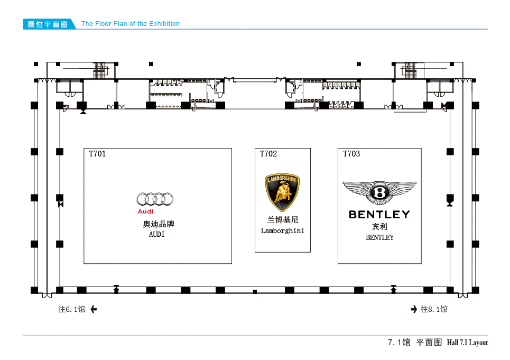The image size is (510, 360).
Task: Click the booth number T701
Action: click(x=97, y=154)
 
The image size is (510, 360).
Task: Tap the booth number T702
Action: click(x=268, y=154)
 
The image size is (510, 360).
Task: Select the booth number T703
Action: click(x=351, y=154)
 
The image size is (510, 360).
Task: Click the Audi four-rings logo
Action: click(x=155, y=199)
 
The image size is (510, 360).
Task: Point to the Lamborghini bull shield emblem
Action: click(x=282, y=192)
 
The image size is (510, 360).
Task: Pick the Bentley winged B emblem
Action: click(x=379, y=192)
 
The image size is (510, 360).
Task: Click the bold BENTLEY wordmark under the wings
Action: click(x=379, y=215)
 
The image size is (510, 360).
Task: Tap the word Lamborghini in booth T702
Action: click(x=283, y=230)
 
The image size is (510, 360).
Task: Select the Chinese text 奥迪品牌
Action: click(x=159, y=224)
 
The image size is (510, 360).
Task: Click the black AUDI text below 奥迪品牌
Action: click(x=157, y=234)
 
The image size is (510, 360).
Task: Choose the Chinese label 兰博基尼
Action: click(x=283, y=220)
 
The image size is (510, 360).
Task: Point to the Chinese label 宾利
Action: click(x=379, y=227)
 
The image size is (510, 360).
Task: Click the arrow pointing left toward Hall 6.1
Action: click(x=94, y=309)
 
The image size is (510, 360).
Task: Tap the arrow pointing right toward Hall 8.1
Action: click(x=414, y=309)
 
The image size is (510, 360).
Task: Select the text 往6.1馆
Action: click(x=72, y=309)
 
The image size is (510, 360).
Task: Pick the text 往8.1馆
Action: click(x=434, y=309)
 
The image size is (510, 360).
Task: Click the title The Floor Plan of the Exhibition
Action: click(x=131, y=24)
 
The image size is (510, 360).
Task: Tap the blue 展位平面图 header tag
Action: click(x=48, y=24)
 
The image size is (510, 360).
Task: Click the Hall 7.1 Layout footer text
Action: click(x=467, y=343)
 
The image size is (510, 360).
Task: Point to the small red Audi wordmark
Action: click(x=145, y=211)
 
